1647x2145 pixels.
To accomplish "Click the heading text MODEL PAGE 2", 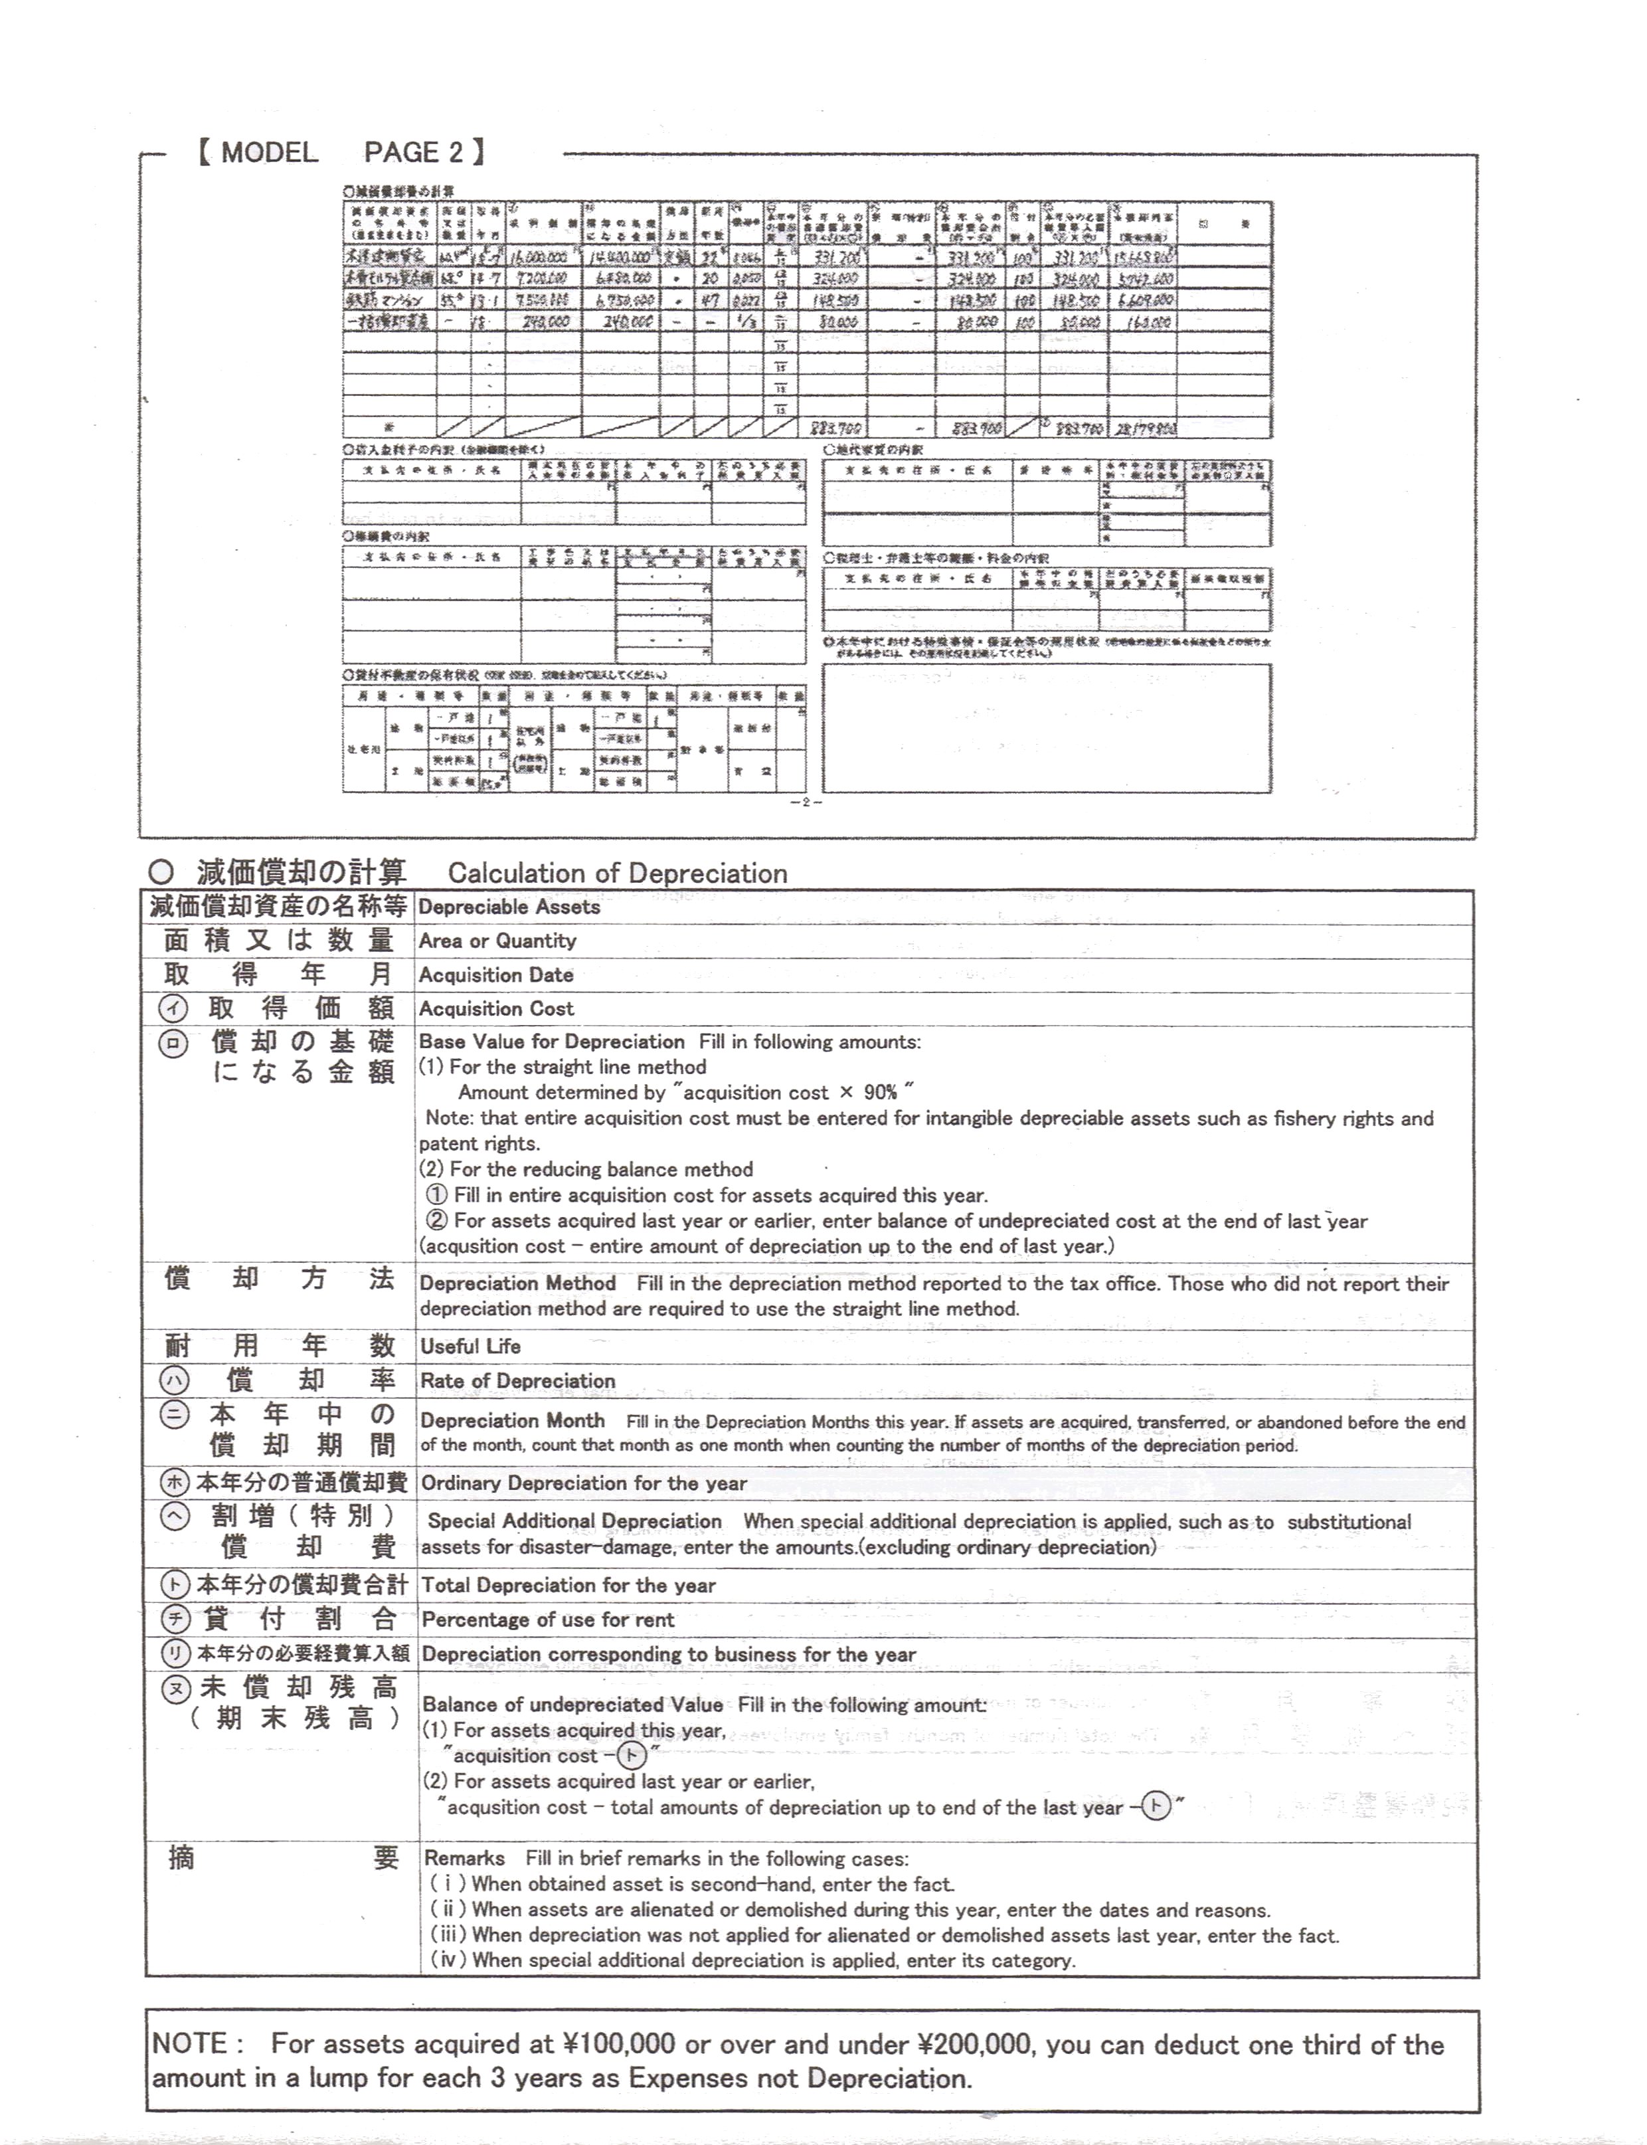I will (341, 152).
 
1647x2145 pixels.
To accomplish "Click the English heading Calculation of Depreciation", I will (618, 874).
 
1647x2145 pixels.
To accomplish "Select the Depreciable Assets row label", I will (509, 907).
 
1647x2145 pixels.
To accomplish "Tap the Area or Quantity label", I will (497, 941).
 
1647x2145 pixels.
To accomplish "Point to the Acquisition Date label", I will (496, 975).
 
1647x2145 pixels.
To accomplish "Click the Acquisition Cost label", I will (496, 1009).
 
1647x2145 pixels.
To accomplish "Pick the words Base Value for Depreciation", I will (552, 1042).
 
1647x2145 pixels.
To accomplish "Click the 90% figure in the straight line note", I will (881, 1093).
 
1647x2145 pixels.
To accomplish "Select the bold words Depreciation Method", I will (517, 1283).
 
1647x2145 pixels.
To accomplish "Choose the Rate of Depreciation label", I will (517, 1381).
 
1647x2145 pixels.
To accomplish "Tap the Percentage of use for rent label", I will (548, 1620).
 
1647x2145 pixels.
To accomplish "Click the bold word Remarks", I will (464, 1858).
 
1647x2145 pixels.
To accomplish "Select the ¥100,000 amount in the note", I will (620, 2045).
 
